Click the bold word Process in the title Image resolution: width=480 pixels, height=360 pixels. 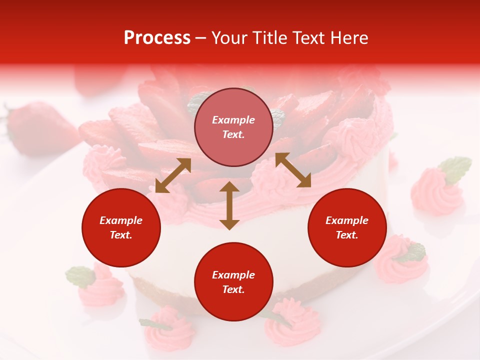click(x=157, y=38)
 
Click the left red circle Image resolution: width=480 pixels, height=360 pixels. click(x=121, y=227)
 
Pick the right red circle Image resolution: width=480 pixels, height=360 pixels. click(x=347, y=227)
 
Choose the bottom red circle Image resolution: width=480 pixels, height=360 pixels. click(x=233, y=282)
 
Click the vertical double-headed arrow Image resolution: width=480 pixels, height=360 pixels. click(x=229, y=205)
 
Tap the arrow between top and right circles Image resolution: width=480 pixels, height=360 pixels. click(x=293, y=170)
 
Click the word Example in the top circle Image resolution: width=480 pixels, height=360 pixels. click(x=233, y=120)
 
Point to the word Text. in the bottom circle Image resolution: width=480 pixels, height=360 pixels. click(x=233, y=289)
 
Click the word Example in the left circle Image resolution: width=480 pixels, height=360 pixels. click(x=121, y=220)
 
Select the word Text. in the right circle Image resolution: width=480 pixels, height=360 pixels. click(x=347, y=235)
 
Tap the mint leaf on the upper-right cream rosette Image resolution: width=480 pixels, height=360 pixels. click(x=455, y=168)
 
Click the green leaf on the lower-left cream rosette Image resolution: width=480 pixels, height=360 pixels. click(x=80, y=275)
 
